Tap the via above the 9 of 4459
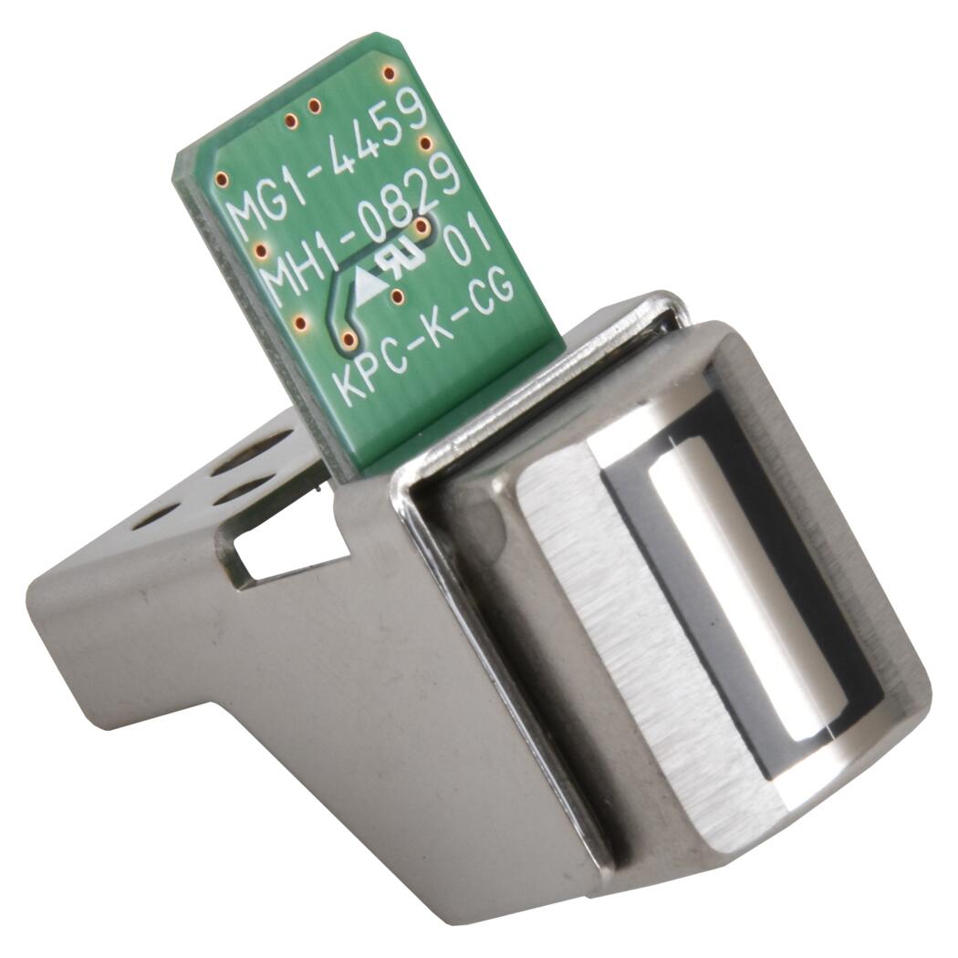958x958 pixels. point(388,73)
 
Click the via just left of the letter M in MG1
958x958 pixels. point(223,180)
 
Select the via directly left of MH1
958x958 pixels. point(261,250)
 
